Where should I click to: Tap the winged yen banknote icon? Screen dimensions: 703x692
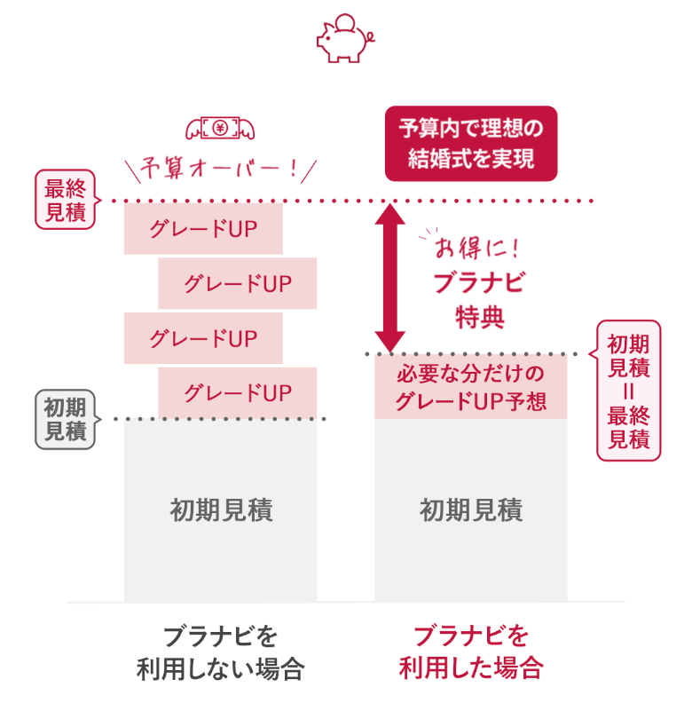click(219, 130)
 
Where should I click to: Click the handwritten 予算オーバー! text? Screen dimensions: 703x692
click(221, 169)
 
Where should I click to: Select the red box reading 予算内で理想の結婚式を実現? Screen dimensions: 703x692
click(470, 144)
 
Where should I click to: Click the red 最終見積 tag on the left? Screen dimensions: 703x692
click(65, 200)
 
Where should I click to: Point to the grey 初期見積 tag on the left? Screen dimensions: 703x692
click(65, 419)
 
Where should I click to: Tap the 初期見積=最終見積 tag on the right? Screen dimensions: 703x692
click(628, 390)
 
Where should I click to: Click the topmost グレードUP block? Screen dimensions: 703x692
click(203, 229)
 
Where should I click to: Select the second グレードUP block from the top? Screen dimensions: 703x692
click(237, 284)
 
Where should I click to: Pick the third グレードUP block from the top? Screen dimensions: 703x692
click(203, 338)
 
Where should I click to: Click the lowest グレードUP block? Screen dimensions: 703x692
click(237, 392)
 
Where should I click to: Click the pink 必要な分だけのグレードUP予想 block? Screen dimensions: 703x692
click(470, 387)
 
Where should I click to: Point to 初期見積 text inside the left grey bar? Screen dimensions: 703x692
click(220, 510)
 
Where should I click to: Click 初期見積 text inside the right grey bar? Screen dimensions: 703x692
click(470, 510)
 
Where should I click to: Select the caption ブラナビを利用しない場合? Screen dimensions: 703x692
click(220, 652)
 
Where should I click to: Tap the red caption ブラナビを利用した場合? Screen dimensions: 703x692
click(470, 652)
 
